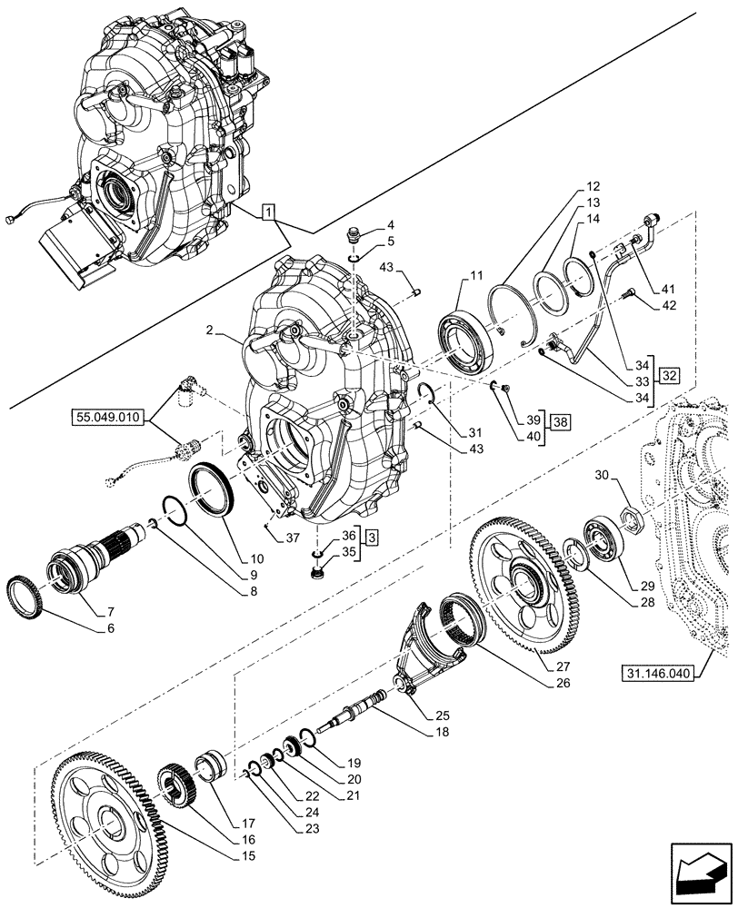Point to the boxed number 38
561,422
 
